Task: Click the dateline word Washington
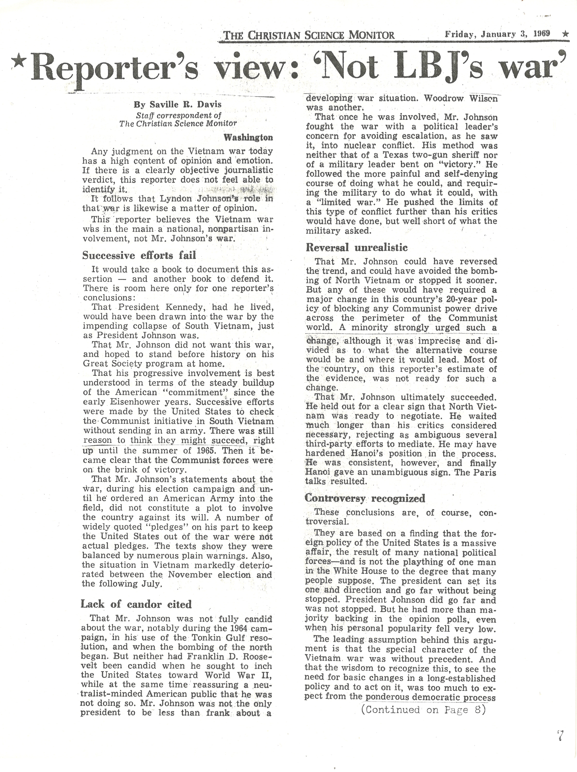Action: tap(248, 137)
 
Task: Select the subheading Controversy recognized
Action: tap(365, 498)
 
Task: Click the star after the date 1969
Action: tap(565, 34)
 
